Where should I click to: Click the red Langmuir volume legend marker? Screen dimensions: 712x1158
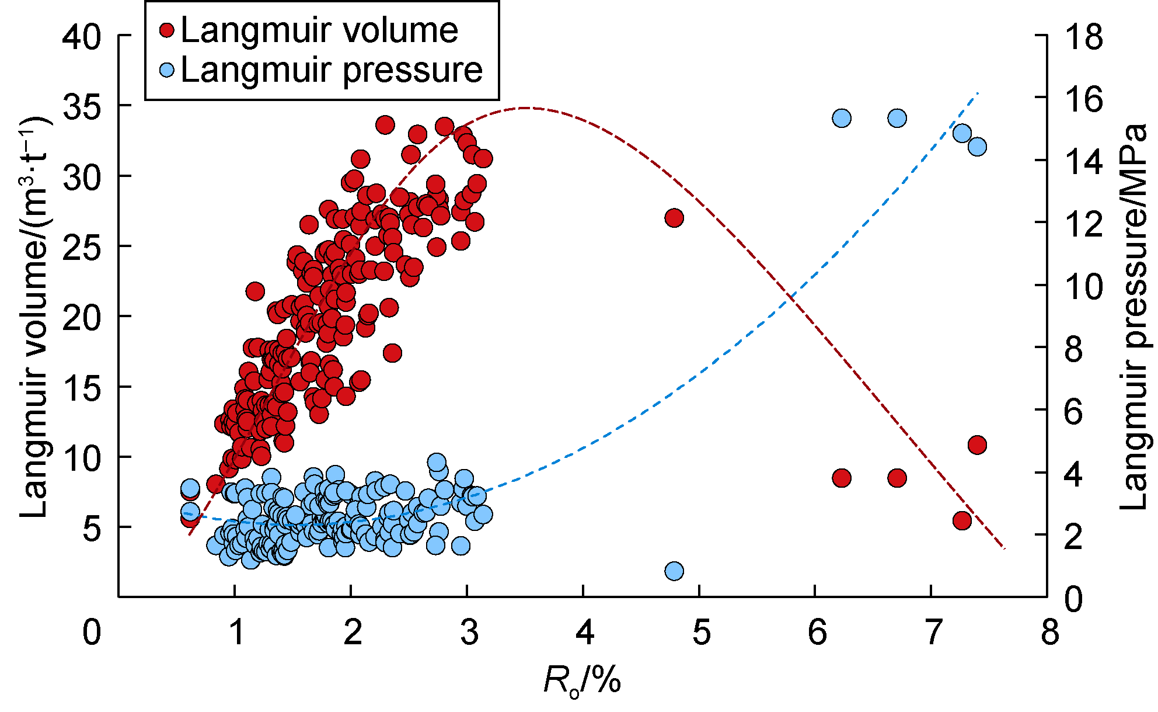pos(168,30)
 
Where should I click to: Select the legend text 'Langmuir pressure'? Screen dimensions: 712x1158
pos(332,71)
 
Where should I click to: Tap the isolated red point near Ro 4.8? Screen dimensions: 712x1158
pos(674,218)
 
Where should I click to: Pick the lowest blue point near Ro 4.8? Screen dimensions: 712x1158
pos(674,571)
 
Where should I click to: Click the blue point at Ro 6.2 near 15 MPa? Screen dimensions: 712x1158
pos(841,119)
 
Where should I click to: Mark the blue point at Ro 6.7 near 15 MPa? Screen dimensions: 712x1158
pos(897,119)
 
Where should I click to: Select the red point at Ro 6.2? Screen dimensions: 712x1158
pos(841,478)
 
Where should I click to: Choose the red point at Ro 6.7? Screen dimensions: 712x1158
pos(897,478)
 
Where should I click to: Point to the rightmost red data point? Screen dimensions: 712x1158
pos(977,445)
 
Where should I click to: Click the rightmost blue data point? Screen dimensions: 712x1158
pos(977,147)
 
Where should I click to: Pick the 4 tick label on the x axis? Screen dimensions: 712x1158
pos(584,633)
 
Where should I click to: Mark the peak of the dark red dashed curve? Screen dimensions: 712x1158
pos(526,107)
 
